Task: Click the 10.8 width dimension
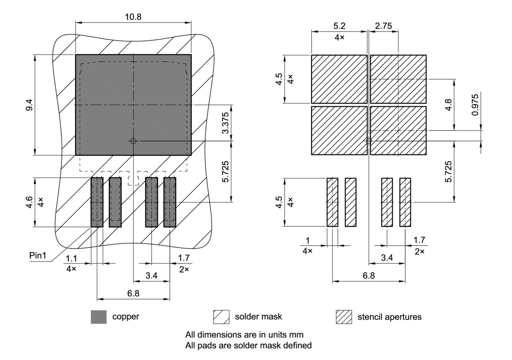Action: coord(133,17)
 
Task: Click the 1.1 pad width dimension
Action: coord(71,259)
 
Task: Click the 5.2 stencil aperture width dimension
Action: coord(339,26)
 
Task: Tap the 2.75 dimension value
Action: coord(383,26)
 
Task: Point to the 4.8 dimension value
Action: coord(449,105)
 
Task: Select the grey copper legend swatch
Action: coord(99,317)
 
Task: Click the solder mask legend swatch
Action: coord(221,317)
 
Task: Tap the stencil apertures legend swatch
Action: coord(344,317)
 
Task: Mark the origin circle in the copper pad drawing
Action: coord(133,141)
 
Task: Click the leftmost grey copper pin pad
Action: coord(97,202)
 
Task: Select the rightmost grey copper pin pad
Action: coord(170,202)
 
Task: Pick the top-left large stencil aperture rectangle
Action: coord(339,79)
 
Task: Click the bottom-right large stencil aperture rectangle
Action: coord(398,130)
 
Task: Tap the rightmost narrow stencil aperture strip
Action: coord(405,202)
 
